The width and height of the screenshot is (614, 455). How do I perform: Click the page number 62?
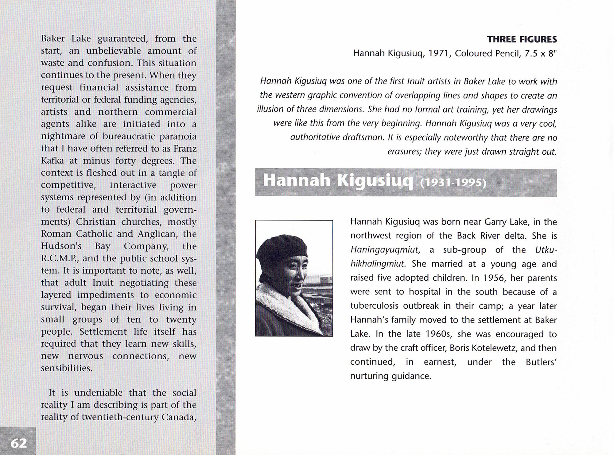19,443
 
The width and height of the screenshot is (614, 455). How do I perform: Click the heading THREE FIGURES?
522,40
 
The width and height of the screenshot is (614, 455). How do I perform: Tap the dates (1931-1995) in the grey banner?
453,183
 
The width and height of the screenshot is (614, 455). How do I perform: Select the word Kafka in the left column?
52,160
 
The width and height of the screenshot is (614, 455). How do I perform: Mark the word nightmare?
63,136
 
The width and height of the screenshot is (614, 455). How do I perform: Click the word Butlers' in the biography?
541,362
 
